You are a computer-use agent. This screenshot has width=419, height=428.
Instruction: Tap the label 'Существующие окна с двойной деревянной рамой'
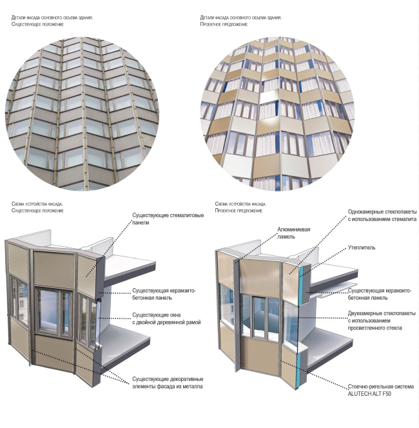[x=166, y=318]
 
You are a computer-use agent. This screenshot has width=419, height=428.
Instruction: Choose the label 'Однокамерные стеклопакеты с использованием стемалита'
[x=382, y=215]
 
